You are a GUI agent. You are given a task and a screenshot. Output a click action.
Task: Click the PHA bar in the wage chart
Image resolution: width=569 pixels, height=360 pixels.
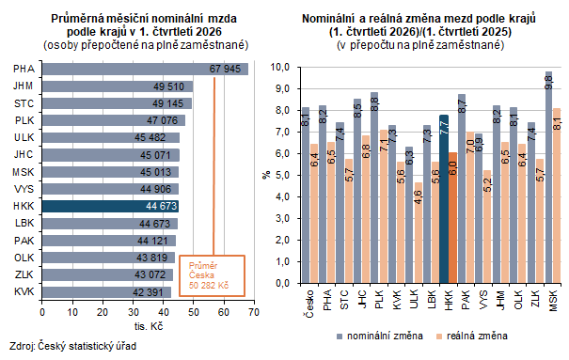(x=145, y=69)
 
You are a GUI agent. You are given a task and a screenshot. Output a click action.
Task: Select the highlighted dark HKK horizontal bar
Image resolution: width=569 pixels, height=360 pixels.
(x=110, y=206)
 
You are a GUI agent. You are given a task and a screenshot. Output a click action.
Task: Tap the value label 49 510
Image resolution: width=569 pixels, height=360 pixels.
(x=168, y=86)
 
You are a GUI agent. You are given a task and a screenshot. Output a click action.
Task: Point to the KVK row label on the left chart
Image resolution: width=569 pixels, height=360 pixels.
(x=24, y=291)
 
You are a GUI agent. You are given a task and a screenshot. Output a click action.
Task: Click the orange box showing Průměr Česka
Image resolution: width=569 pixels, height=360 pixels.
(x=212, y=276)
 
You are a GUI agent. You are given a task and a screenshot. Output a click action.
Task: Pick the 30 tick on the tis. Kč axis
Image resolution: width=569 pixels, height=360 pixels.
(x=134, y=312)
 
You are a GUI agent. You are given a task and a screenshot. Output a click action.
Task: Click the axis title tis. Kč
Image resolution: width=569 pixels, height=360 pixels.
(x=149, y=326)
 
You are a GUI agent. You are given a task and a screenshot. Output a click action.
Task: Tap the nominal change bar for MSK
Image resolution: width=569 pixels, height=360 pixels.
(x=548, y=178)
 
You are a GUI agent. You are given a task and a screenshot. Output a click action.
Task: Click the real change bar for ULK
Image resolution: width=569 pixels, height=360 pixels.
(x=418, y=233)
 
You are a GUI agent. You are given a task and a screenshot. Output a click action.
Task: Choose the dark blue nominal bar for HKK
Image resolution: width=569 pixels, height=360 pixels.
(x=444, y=199)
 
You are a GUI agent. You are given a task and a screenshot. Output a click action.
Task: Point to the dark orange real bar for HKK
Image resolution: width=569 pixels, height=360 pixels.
(x=453, y=218)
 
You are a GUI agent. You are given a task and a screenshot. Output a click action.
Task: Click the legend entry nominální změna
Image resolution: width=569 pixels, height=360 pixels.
(x=380, y=337)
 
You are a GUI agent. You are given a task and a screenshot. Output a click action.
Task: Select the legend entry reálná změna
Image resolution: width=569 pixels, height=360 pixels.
(x=472, y=337)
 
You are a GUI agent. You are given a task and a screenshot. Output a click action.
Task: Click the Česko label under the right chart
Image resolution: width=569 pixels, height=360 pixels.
(x=309, y=304)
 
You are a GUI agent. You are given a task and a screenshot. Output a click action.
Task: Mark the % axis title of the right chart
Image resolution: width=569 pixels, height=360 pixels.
(x=267, y=175)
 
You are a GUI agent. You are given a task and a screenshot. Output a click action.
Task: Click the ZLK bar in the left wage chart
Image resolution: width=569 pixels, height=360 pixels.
(x=107, y=274)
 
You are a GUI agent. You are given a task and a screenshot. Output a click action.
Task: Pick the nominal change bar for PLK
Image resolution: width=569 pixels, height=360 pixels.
(x=374, y=188)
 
